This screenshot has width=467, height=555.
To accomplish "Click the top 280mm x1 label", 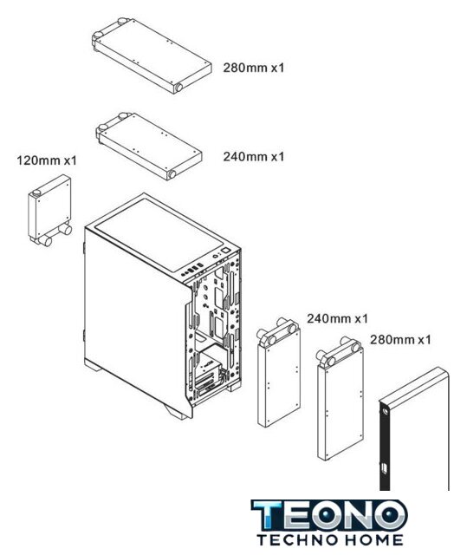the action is point(254,68).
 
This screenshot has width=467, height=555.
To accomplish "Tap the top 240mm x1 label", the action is point(254,156).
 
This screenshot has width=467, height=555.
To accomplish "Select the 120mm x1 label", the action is point(47,160).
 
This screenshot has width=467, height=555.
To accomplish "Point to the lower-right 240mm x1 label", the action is point(337,318).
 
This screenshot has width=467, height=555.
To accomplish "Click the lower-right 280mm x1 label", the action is point(400,340).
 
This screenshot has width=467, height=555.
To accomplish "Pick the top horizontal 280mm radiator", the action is point(152,55).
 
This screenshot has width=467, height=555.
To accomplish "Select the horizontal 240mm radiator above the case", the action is point(149,147).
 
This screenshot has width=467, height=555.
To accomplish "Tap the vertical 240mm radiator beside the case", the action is point(279,373).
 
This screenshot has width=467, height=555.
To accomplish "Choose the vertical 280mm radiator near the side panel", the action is point(340,399).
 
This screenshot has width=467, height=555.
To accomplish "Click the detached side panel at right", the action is point(414,429).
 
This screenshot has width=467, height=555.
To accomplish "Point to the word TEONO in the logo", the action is point(329,515).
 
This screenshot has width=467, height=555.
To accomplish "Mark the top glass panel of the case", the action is point(159,234).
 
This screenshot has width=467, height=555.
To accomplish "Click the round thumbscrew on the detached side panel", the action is point(385,410).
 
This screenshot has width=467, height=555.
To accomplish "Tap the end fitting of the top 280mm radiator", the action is point(178,88).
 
